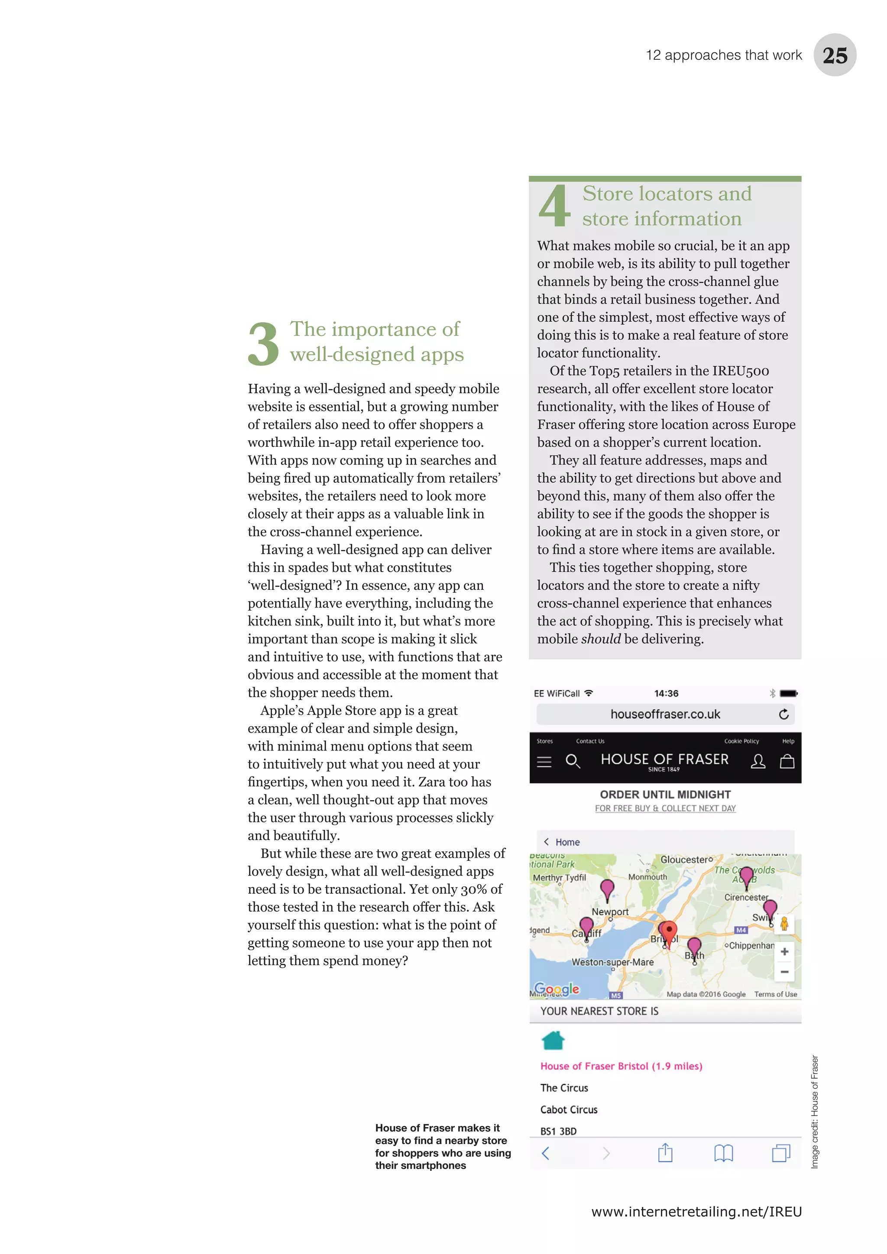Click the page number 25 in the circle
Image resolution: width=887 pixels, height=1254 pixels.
click(x=835, y=55)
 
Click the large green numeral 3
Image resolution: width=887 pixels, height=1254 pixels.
click(x=263, y=344)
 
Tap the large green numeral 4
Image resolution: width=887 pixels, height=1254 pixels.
click(x=554, y=206)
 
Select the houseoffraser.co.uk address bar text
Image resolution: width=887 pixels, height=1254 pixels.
click(x=665, y=714)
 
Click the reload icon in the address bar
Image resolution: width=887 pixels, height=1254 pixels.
click(x=784, y=714)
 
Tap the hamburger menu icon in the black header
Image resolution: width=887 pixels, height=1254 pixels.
click(x=544, y=761)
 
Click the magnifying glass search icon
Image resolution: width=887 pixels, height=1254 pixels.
click(x=573, y=761)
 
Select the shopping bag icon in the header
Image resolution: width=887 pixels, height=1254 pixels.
click(x=787, y=761)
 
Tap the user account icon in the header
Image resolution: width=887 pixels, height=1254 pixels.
click(x=758, y=761)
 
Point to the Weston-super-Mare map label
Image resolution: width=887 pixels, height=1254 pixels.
click(x=612, y=962)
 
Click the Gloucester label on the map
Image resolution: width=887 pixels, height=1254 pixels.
click(x=686, y=860)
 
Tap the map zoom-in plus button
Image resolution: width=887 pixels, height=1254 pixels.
click(x=784, y=951)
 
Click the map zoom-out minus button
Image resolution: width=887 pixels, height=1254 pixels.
click(x=784, y=972)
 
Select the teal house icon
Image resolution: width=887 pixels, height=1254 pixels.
click(x=553, y=1041)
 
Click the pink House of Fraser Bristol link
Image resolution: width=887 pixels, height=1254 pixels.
click(x=621, y=1066)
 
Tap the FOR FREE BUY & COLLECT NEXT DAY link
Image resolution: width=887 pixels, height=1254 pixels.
click(x=665, y=808)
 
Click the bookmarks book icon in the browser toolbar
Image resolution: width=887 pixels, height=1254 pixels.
click(x=723, y=1153)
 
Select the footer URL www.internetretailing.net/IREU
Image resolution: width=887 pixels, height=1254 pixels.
click(x=696, y=1212)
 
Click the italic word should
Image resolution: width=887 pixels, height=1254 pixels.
click(x=601, y=639)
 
